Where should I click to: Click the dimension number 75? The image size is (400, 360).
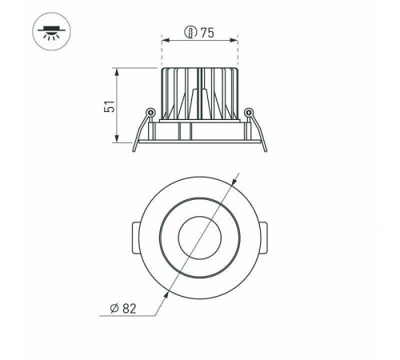click(x=207, y=33)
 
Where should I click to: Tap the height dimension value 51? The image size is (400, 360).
click(x=110, y=106)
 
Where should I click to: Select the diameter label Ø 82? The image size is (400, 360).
click(x=123, y=308)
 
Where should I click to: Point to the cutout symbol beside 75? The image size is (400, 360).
click(x=190, y=32)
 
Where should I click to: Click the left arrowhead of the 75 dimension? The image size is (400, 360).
click(x=166, y=41)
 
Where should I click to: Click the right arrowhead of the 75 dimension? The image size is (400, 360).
click(x=234, y=41)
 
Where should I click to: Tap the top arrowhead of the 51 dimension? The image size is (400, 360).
click(x=117, y=72)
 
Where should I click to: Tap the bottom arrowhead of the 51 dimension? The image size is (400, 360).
click(x=117, y=138)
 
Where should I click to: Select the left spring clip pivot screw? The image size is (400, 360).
click(x=150, y=111)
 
